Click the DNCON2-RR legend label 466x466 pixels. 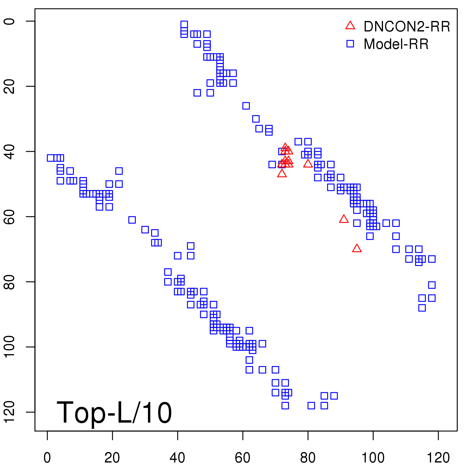(407, 27)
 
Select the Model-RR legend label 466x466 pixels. (396, 44)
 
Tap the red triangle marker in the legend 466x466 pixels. (350, 26)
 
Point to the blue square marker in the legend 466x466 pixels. (350, 44)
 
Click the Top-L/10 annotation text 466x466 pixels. (114, 413)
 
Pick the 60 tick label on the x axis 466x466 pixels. (243, 458)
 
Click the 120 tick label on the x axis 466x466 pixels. (438, 458)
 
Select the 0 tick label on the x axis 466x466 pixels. (47, 458)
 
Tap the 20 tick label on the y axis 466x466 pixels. (9, 86)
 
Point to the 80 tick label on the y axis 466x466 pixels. (9, 282)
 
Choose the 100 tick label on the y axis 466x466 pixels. (9, 347)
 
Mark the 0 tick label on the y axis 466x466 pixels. (9, 21)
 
